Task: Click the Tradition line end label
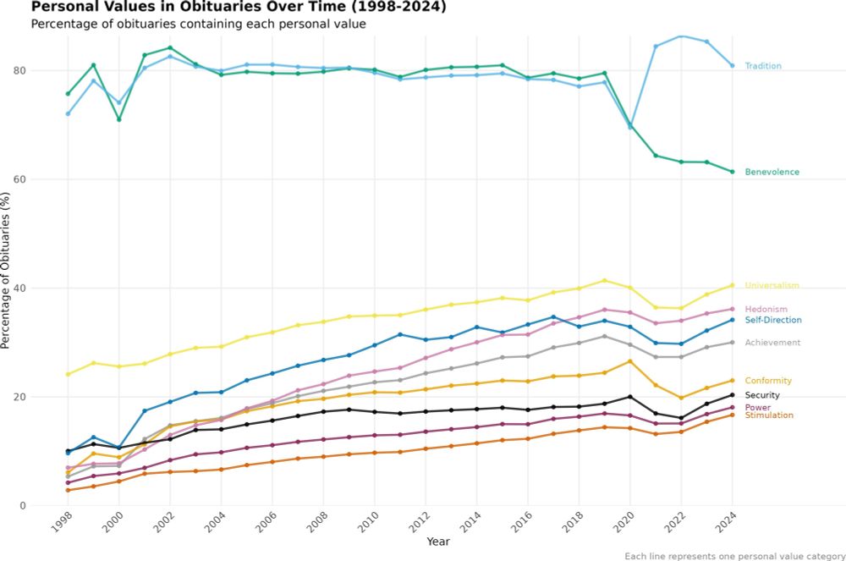(x=763, y=66)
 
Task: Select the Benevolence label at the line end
(x=772, y=173)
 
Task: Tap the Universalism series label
(x=772, y=286)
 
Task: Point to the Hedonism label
(x=766, y=310)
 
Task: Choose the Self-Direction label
(x=773, y=320)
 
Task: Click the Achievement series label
(x=772, y=343)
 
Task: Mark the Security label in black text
(x=762, y=396)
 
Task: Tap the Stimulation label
(x=769, y=415)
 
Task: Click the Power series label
(x=757, y=408)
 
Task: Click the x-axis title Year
(x=438, y=542)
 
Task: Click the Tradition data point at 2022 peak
(x=680, y=36)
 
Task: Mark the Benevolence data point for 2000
(x=119, y=119)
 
